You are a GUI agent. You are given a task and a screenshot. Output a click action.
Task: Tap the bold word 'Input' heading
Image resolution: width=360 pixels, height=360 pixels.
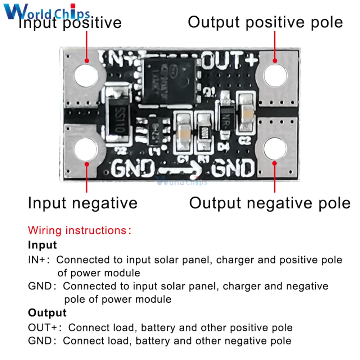coord(42,245)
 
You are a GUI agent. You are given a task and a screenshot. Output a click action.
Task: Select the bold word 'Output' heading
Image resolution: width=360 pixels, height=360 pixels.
coord(47,312)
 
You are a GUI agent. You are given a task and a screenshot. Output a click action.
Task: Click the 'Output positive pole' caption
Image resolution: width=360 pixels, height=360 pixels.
coord(265,22)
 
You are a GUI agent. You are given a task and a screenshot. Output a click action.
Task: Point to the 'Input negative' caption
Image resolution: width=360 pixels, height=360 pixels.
coord(82,203)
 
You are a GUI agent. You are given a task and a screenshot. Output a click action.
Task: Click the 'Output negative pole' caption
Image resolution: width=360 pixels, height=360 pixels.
coord(270,203)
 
